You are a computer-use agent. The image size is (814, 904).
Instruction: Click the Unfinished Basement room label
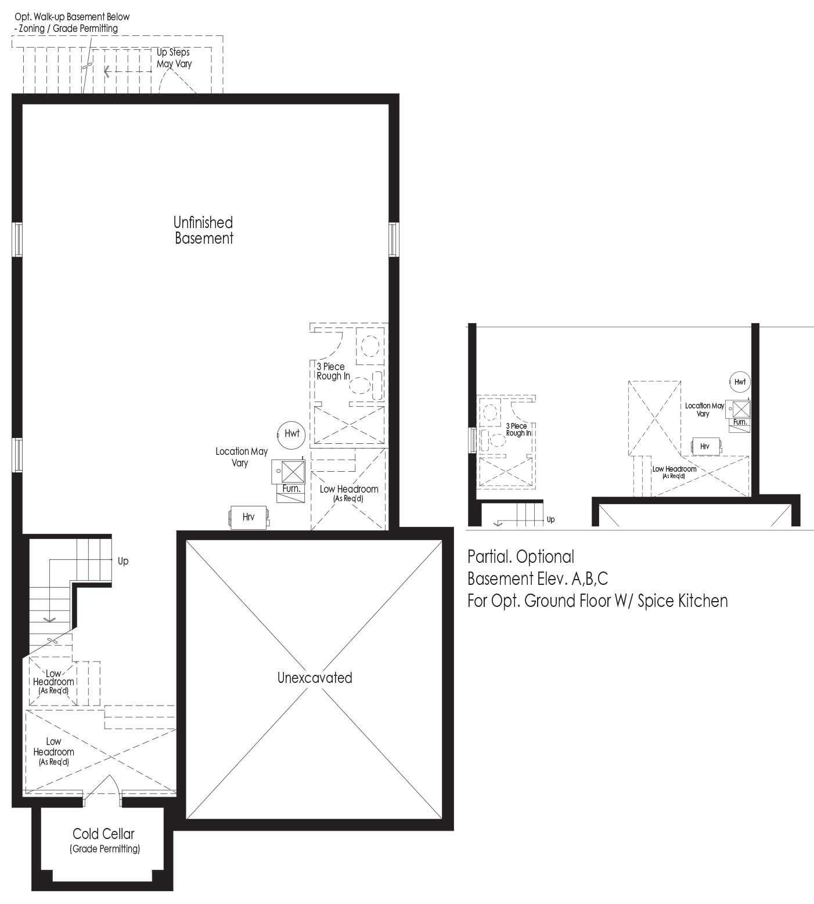(x=203, y=230)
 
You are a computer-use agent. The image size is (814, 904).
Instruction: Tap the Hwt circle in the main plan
(x=291, y=434)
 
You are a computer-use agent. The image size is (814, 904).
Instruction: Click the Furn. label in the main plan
(x=291, y=489)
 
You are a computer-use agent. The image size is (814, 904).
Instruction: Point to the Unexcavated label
(x=315, y=678)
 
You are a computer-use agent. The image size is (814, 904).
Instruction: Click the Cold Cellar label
(x=104, y=834)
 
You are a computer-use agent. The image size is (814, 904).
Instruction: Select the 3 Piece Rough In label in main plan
(x=333, y=371)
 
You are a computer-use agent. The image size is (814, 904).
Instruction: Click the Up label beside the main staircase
(x=123, y=561)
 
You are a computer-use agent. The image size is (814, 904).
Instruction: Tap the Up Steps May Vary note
(x=174, y=58)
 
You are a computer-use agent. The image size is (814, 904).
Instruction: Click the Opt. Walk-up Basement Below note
(x=72, y=22)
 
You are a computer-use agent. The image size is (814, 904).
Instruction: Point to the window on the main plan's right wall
(x=394, y=239)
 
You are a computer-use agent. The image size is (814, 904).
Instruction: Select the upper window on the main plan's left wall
(x=17, y=239)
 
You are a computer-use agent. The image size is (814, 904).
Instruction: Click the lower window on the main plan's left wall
(x=17, y=455)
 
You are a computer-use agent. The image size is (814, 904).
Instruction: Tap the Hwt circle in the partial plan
(x=740, y=382)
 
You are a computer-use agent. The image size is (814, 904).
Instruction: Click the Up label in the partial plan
(x=551, y=519)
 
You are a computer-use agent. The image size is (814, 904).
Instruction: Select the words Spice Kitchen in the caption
(x=682, y=601)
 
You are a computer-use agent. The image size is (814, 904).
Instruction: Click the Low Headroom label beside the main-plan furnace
(x=348, y=493)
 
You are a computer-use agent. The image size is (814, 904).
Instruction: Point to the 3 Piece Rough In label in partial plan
(x=517, y=430)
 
